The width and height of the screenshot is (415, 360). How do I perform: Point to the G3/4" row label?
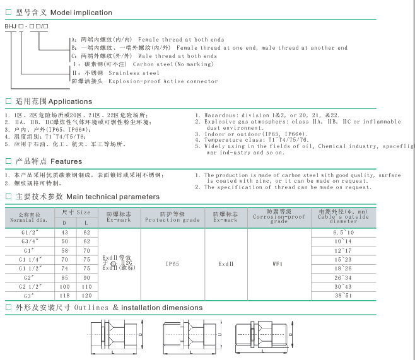[x=30, y=241]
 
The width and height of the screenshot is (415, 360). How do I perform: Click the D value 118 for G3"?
[x=64, y=295]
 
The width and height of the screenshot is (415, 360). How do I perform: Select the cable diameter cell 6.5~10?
[x=343, y=233]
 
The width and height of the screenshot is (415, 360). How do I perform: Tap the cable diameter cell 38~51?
[x=343, y=295]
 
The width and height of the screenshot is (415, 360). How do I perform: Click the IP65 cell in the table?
[x=172, y=264]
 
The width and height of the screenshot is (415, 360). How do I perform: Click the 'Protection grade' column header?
[x=172, y=220]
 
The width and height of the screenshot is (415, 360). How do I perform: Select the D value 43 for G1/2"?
[x=64, y=233]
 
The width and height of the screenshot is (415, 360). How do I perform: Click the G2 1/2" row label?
[x=30, y=286]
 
